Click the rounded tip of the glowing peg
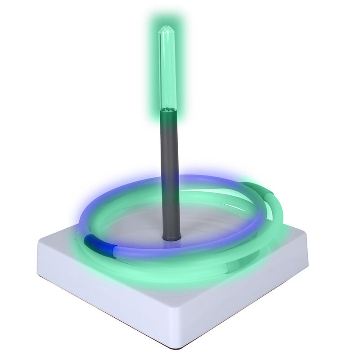coord(166,29)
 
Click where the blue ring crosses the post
coord(171,180)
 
